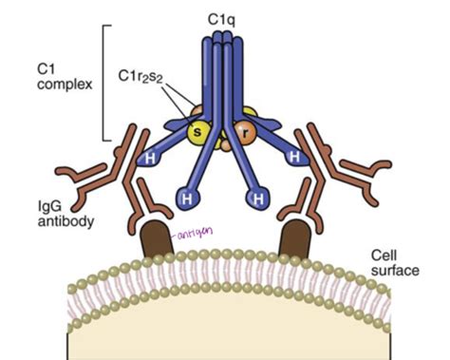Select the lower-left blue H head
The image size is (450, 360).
coord(186,200)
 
